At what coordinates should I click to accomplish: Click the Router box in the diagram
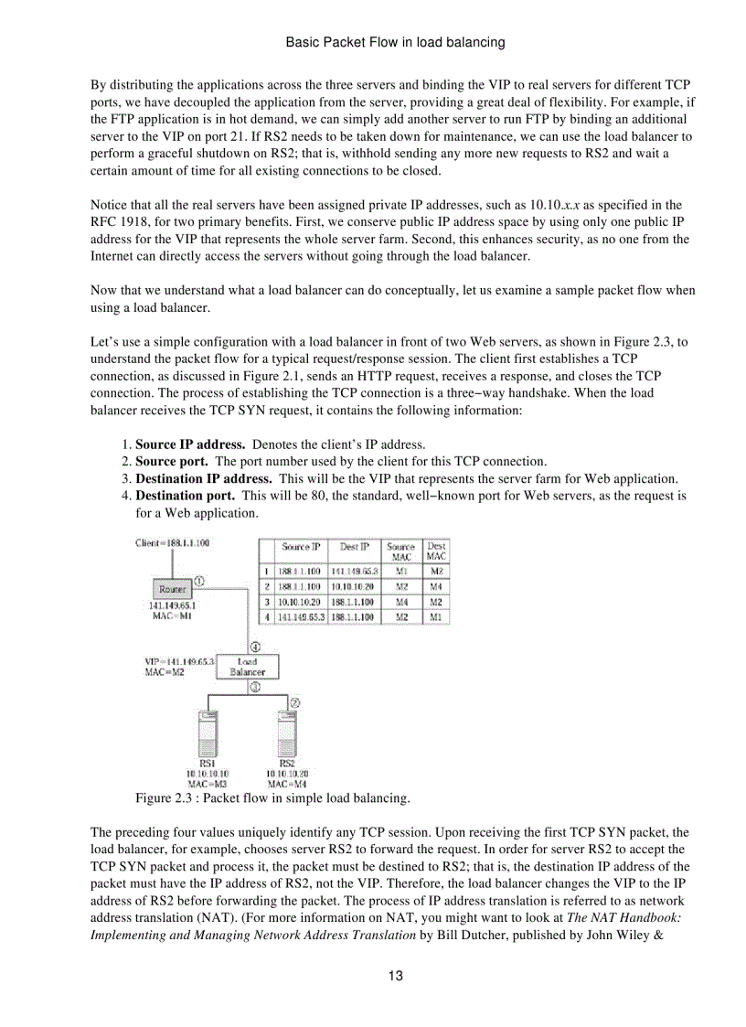point(172,589)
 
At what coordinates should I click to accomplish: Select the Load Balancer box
point(247,666)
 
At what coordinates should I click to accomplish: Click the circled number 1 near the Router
point(198,581)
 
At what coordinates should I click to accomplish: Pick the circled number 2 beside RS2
point(295,701)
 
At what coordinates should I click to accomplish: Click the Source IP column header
point(301,547)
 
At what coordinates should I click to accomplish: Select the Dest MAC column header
point(437,551)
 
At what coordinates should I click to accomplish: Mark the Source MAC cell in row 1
point(400,571)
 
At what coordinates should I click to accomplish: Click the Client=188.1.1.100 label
point(172,543)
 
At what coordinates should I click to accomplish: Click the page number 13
point(395,975)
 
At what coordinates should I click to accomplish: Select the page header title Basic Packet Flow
point(395,42)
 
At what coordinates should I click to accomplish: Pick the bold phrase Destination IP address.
point(203,478)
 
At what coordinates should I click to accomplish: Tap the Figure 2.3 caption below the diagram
point(272,798)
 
